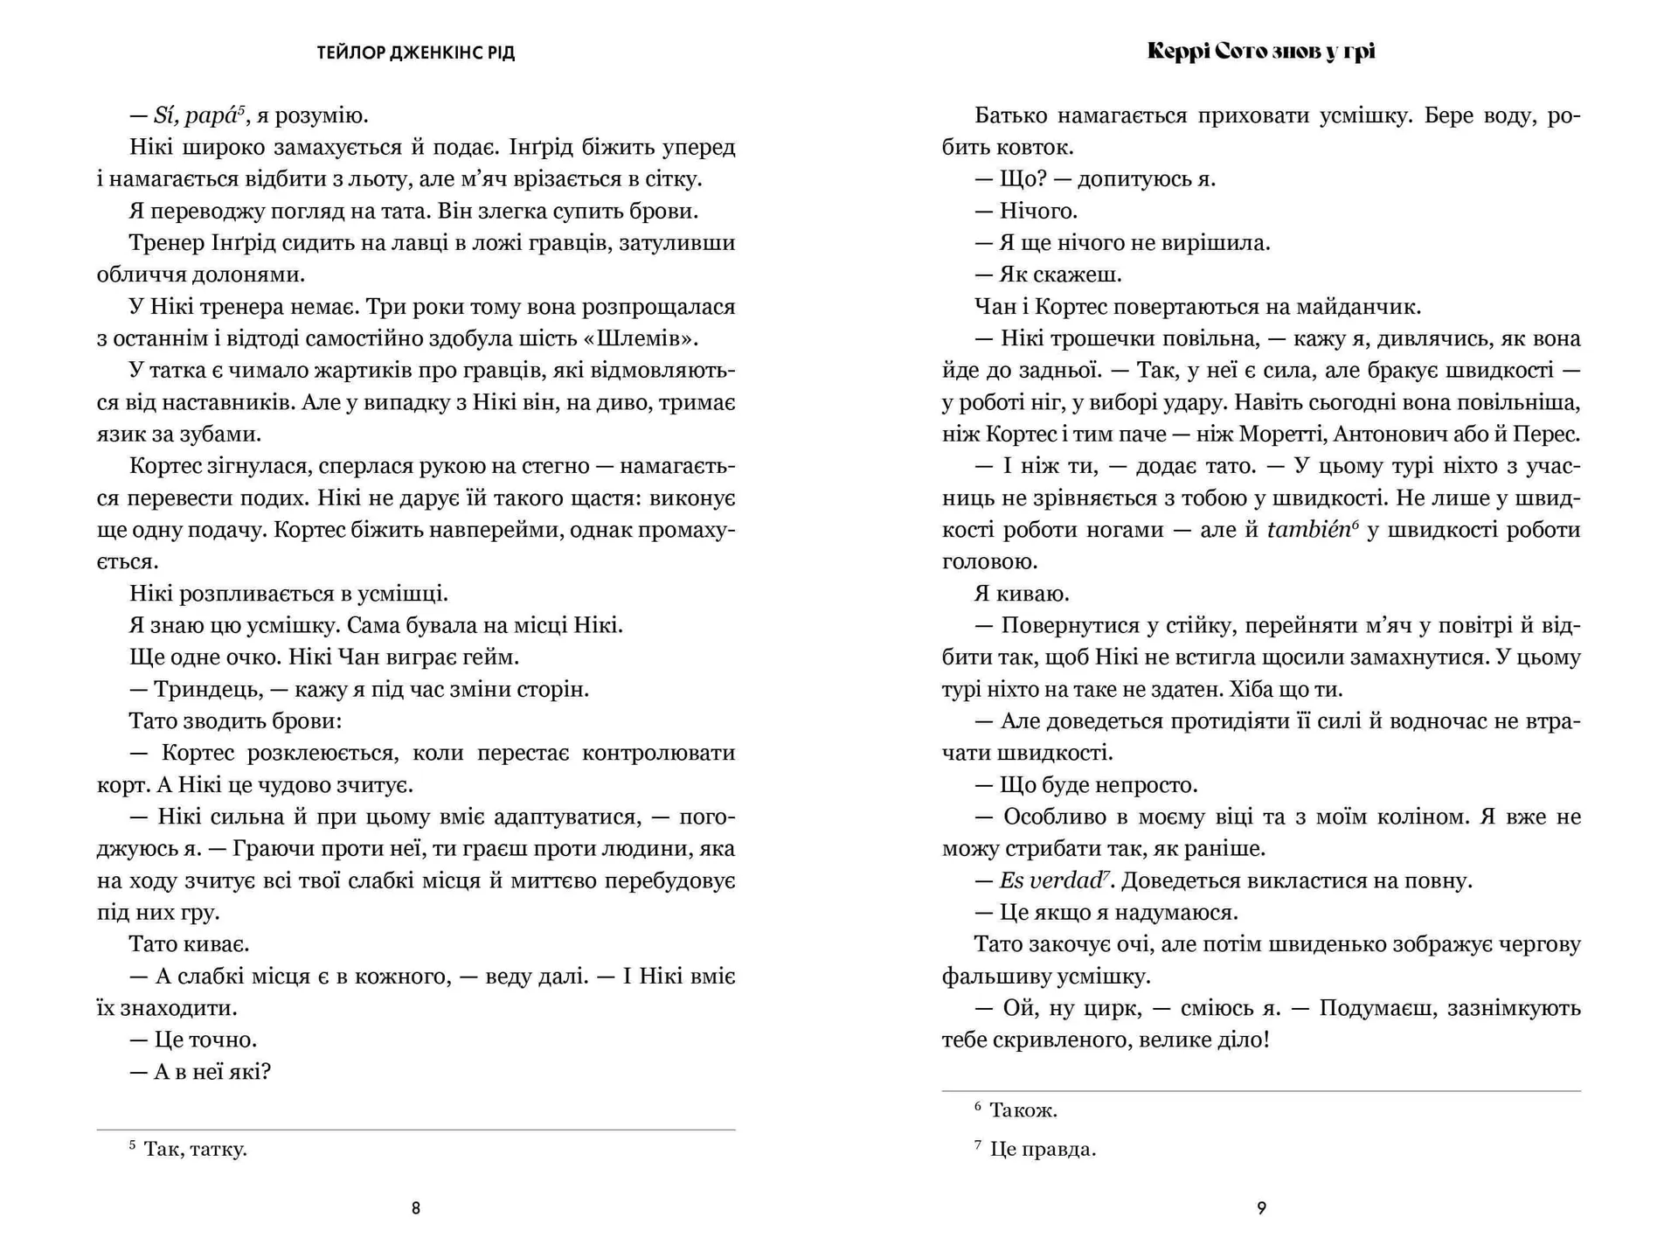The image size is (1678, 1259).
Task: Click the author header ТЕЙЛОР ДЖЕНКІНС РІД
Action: pos(415,53)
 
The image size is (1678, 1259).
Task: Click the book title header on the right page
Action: pos(1260,52)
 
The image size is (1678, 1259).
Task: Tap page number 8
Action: pos(416,1208)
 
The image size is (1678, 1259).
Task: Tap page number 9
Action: pos(1261,1208)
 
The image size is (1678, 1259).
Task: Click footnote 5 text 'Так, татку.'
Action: pos(195,1149)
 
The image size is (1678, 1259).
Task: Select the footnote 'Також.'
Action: pos(1023,1110)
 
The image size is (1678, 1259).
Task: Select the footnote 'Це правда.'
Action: pos(1042,1149)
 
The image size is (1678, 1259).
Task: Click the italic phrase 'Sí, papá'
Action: pos(194,115)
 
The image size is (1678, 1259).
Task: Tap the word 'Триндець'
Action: pos(208,689)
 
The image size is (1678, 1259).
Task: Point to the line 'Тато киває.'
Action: pos(189,944)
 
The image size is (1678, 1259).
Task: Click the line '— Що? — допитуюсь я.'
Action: pos(1094,179)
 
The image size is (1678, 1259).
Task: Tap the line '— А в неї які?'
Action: pos(200,1072)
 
